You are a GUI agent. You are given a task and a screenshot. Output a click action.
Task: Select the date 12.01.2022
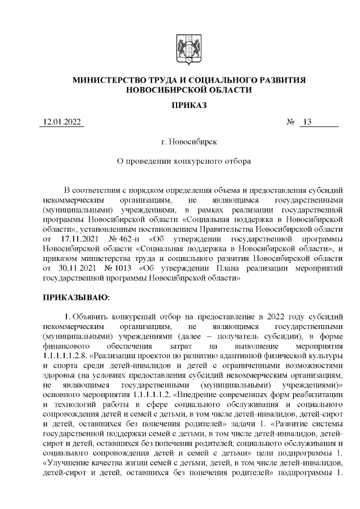[x=61, y=123]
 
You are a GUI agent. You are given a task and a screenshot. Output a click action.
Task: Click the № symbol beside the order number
[x=291, y=123]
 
